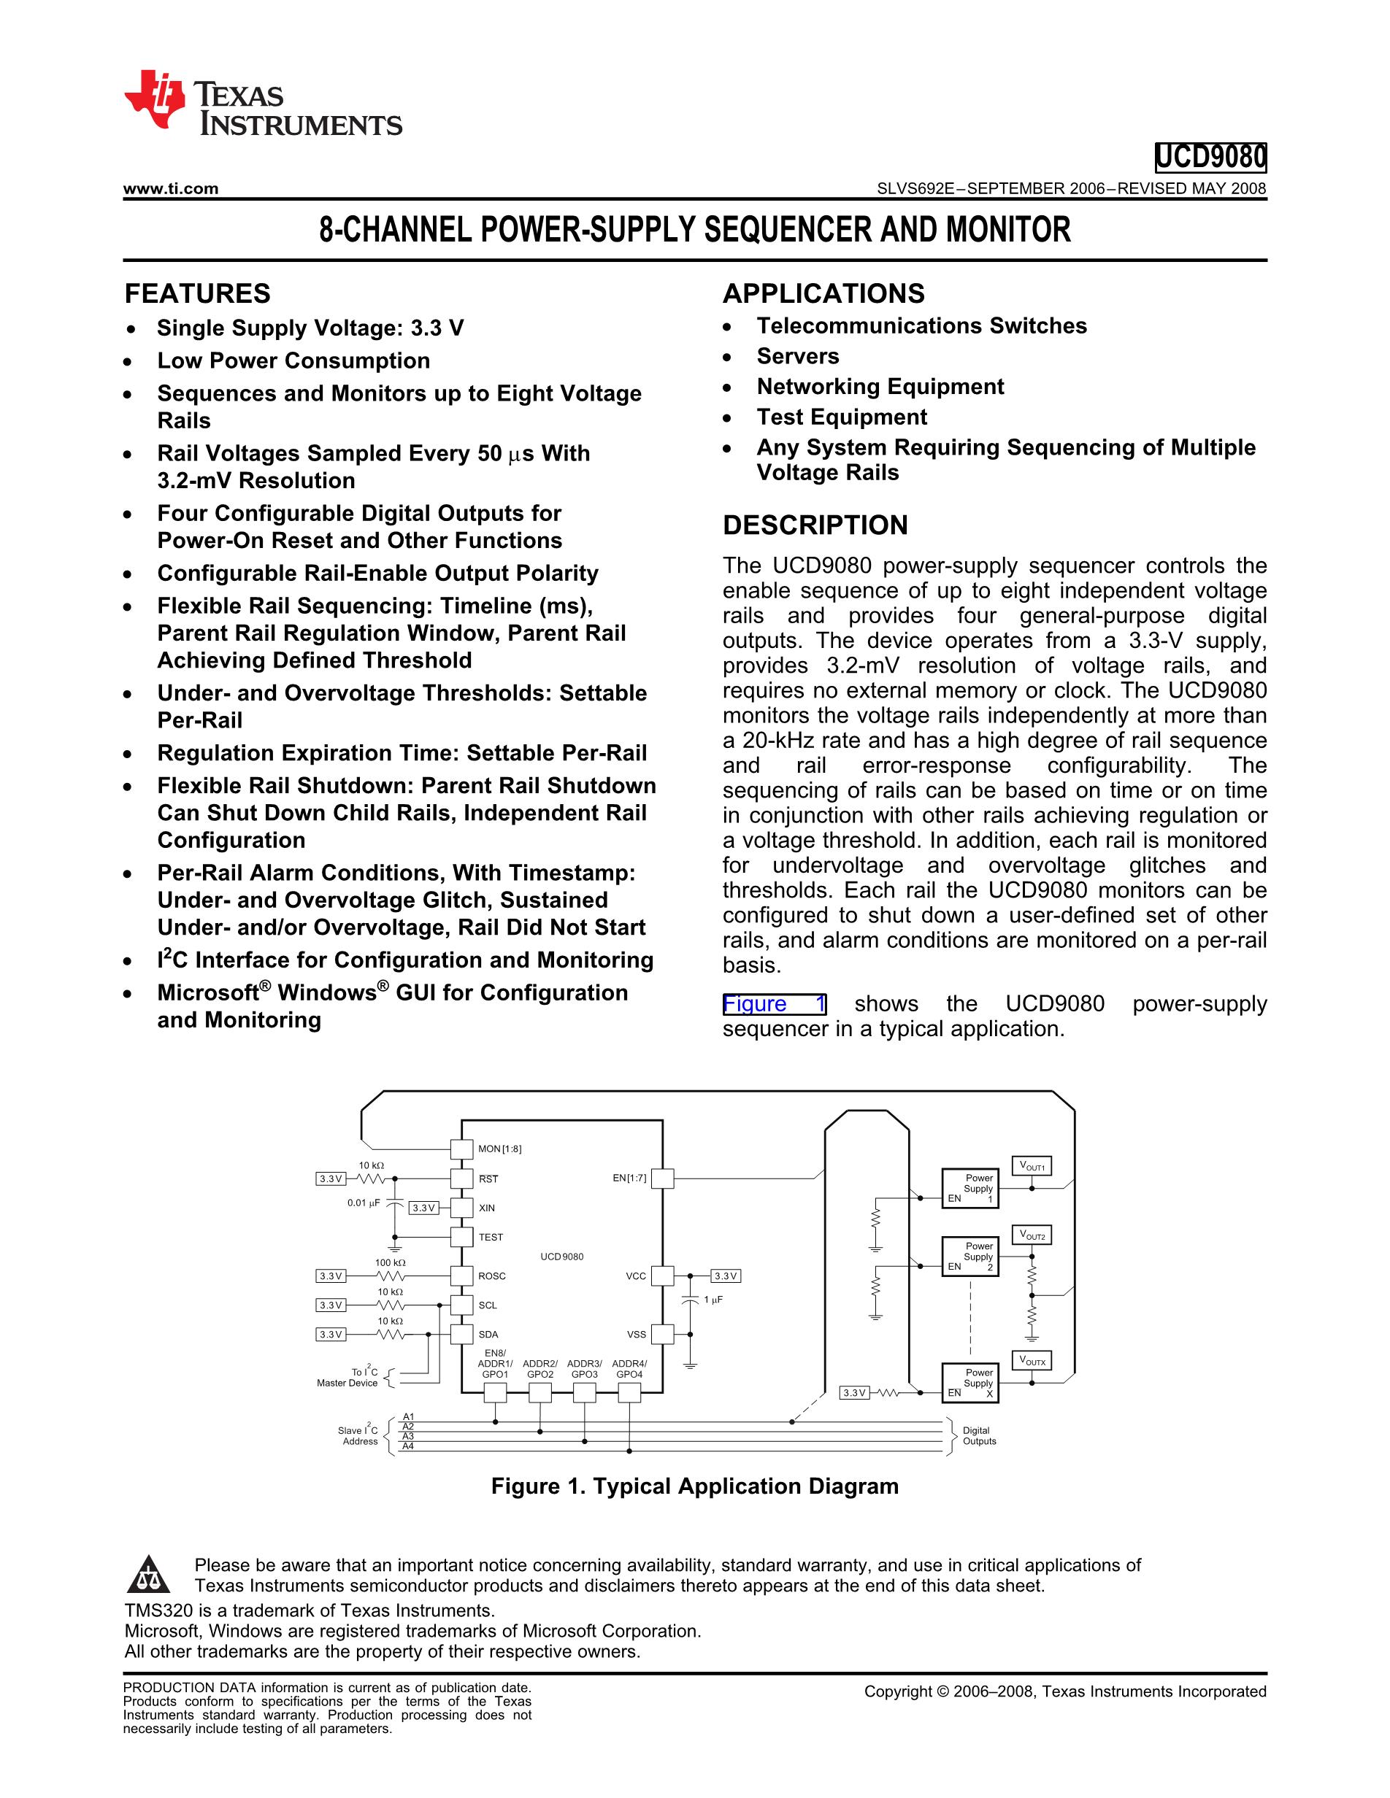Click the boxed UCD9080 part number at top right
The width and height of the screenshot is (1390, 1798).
tap(1210, 156)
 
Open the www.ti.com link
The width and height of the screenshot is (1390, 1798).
tap(170, 188)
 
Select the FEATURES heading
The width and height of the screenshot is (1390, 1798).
tap(197, 294)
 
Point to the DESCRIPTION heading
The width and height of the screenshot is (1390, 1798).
tap(815, 525)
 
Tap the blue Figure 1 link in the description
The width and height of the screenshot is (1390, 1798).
tap(773, 1004)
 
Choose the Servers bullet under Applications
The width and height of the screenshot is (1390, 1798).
tap(797, 357)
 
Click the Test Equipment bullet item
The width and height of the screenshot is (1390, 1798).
tap(841, 417)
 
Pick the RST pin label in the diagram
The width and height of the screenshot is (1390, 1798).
tap(488, 1179)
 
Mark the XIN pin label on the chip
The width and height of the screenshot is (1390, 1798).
tap(487, 1208)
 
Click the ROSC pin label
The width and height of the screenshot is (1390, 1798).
tap(491, 1276)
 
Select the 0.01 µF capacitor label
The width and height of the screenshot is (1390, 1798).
tap(363, 1203)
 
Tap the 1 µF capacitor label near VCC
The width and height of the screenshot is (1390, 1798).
tap(713, 1299)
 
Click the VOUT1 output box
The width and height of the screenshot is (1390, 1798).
tap(1031, 1167)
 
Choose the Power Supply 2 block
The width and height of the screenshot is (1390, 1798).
tap(970, 1257)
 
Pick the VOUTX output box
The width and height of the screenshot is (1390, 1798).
tap(1031, 1361)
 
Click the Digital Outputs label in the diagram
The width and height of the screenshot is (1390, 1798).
tap(978, 1436)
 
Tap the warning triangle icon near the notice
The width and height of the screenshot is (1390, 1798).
tap(148, 1575)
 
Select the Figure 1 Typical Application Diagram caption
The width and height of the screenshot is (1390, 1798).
tap(694, 1486)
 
